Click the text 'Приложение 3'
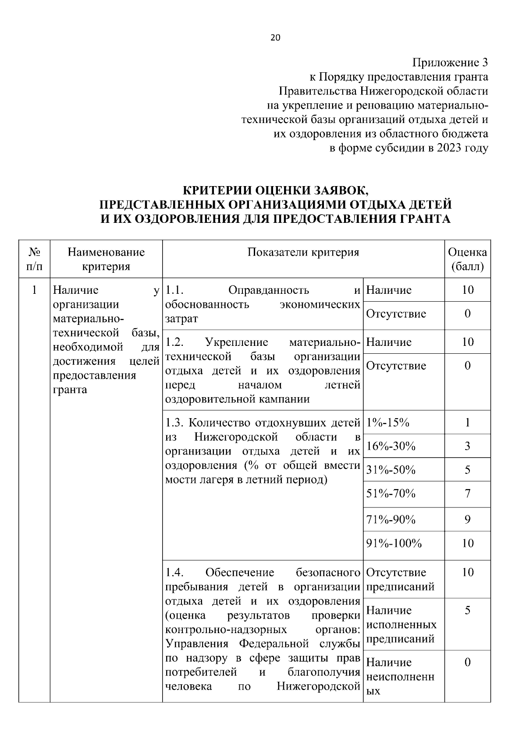[x=450, y=63]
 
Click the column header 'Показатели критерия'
[x=303, y=252]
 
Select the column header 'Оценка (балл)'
[x=467, y=259]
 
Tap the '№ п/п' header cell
[x=35, y=259]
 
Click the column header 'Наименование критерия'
[x=106, y=259]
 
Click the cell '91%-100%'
[x=394, y=543]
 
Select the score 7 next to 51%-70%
[x=468, y=494]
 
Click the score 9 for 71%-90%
[x=468, y=520]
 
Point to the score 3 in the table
[x=468, y=446]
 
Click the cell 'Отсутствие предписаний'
[x=400, y=579]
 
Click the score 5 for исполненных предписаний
[x=468, y=610]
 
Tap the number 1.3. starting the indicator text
[x=175, y=423]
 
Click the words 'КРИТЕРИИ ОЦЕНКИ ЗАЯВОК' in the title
[x=276, y=191]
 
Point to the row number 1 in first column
[x=34, y=290]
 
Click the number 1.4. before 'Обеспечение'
[x=175, y=572]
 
